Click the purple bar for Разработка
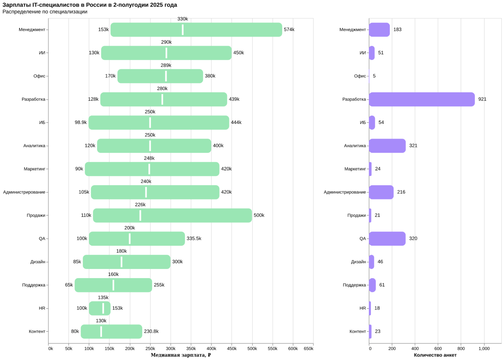[x=422, y=99]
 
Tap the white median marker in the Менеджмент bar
[x=183, y=30]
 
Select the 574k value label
[x=289, y=29]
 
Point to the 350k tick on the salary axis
[x=191, y=349]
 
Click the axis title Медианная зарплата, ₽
[x=181, y=355]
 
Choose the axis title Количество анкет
[x=435, y=355]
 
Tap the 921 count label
[x=482, y=99]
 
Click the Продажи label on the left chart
[x=36, y=216]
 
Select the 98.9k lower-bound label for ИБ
[x=81, y=123]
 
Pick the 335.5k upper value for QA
[x=194, y=238]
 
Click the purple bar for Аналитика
[x=387, y=146]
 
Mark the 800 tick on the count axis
[x=461, y=349]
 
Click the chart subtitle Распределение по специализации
[x=45, y=12]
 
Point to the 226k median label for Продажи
[x=140, y=205]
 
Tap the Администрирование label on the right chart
[x=345, y=192]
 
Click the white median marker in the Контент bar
[x=101, y=332]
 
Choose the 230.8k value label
[x=151, y=331]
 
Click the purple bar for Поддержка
[x=372, y=285]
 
